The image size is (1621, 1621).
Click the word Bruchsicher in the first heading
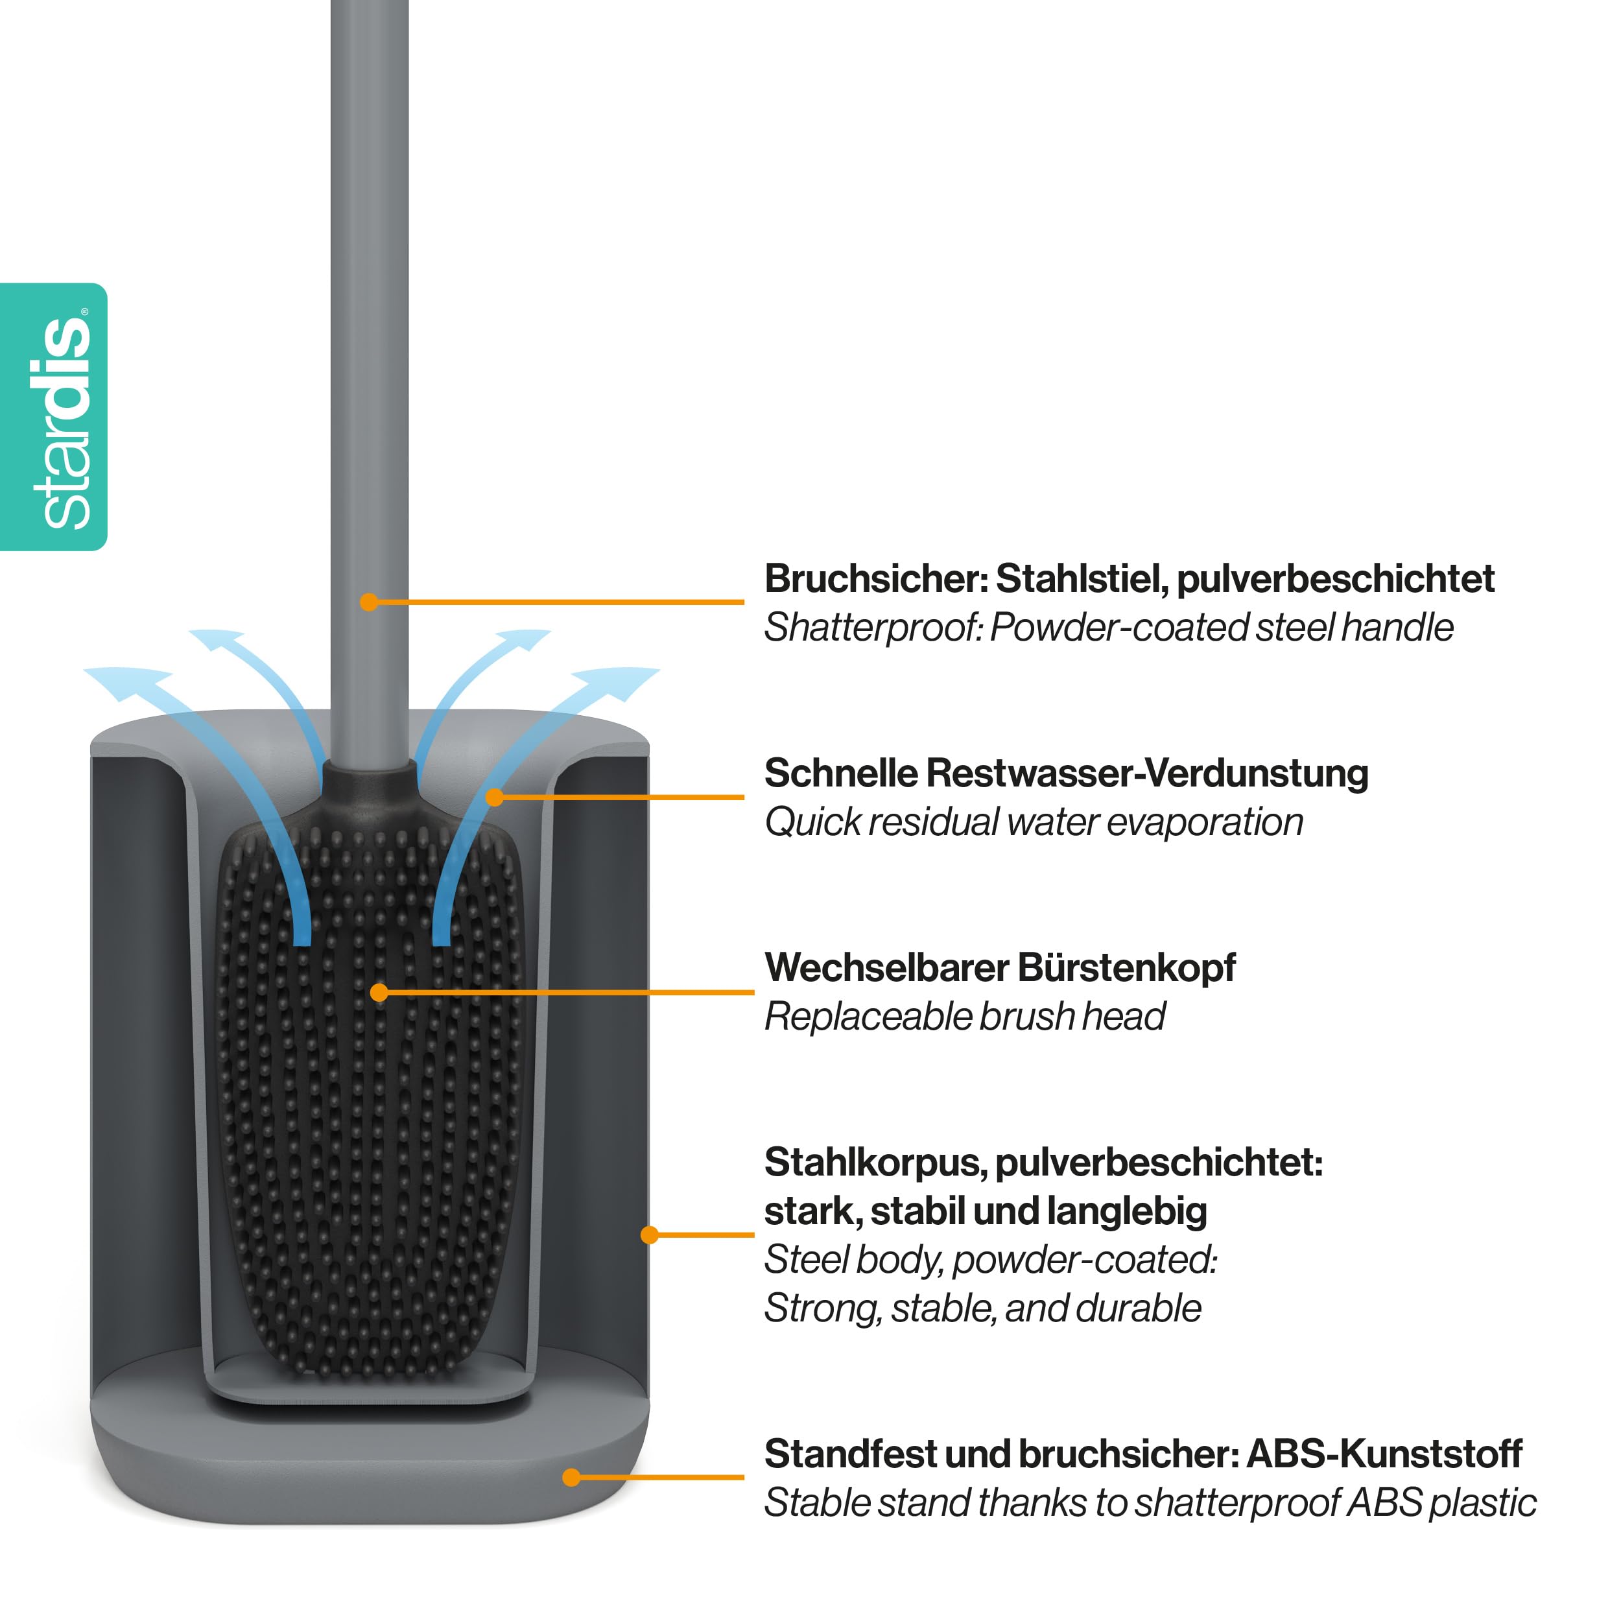click(876, 579)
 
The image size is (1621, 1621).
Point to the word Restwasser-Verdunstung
click(1147, 774)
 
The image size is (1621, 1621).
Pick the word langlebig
click(1126, 1213)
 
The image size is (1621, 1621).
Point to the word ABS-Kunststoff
click(1384, 1455)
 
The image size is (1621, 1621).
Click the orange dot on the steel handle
click(369, 602)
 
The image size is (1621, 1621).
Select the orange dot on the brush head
click(379, 993)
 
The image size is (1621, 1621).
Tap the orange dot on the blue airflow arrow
click(495, 797)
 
